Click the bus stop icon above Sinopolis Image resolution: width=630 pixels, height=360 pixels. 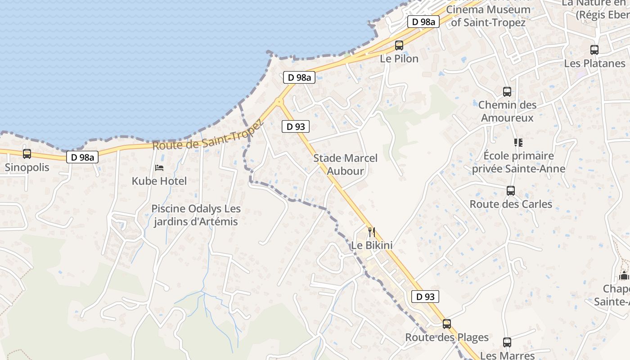27,154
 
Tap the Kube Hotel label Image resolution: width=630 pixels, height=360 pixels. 159,181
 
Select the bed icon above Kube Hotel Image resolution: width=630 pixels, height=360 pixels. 159,168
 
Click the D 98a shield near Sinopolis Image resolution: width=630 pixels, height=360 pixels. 83,157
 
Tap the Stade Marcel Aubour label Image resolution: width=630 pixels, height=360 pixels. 345,164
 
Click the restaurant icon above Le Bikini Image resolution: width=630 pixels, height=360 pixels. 372,232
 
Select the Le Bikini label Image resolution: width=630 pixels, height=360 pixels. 372,245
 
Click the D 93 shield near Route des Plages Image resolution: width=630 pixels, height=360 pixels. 425,297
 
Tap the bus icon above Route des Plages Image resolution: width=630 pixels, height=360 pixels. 446,324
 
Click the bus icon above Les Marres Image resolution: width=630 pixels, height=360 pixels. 507,342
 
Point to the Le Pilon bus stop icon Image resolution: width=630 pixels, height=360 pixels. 399,45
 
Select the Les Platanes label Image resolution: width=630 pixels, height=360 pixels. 594,63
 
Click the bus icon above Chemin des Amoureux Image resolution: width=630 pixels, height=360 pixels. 507,92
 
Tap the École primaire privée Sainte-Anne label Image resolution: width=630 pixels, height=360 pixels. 518,162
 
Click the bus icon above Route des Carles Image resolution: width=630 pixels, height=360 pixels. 511,191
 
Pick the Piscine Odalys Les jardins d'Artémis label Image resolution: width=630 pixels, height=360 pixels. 196,215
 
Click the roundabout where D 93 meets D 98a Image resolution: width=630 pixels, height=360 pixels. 280,102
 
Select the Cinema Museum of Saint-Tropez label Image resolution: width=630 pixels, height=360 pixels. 488,16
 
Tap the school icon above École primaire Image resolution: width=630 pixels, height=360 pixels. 518,143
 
